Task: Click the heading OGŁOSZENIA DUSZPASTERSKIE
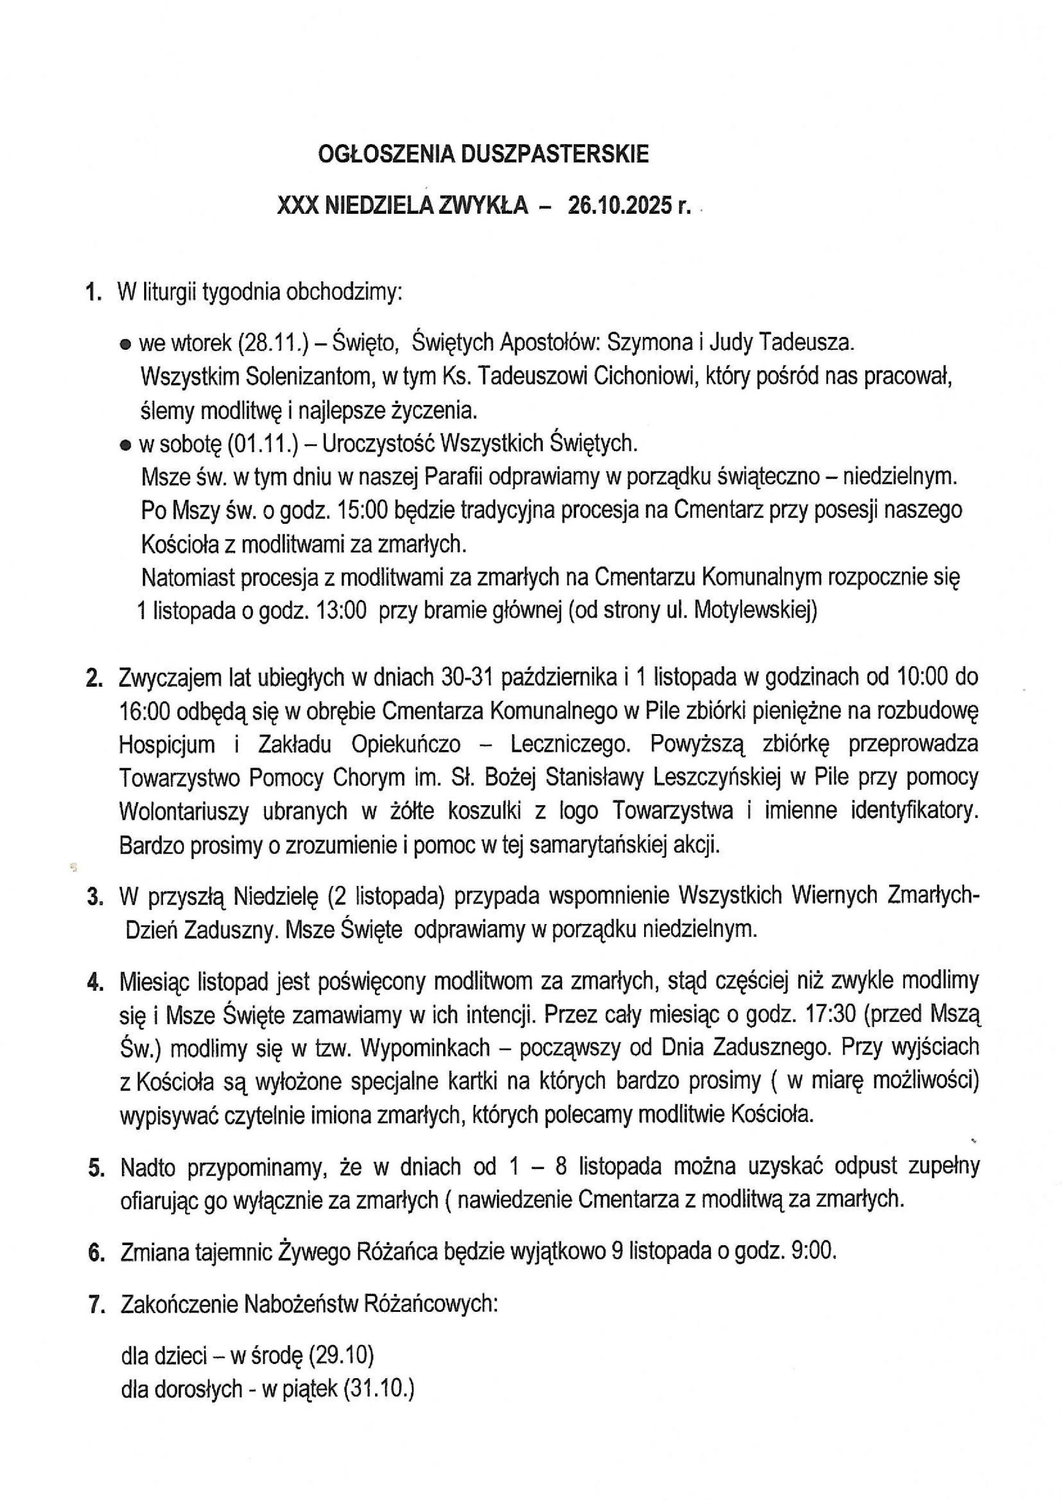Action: tap(484, 154)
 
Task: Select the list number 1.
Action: tap(94, 292)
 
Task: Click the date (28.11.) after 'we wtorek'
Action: tap(270, 342)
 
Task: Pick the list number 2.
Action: tap(94, 679)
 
